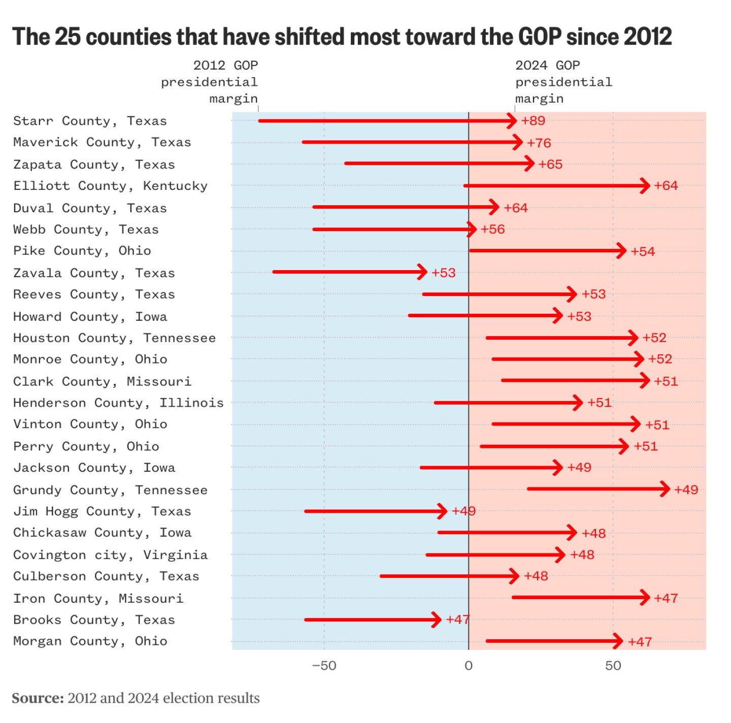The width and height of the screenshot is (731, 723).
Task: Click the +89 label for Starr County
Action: (533, 121)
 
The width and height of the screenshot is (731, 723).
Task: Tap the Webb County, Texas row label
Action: (86, 229)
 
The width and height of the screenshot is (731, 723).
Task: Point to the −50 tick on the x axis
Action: (324, 666)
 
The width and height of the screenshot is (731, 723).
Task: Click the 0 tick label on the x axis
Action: (469, 666)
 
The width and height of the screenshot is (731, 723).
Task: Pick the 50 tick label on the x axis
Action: (613, 666)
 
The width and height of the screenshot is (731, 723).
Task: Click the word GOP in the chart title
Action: (540, 37)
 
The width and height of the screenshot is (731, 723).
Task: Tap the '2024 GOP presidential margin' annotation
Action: (563, 82)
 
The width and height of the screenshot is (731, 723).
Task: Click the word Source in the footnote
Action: (38, 698)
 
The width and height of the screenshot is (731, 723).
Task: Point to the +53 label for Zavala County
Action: (444, 273)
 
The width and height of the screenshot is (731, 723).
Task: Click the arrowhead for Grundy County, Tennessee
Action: (666, 489)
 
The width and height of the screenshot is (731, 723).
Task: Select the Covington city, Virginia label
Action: (110, 555)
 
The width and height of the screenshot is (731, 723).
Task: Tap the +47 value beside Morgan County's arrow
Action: (640, 642)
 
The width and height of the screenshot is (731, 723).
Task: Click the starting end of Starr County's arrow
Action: (260, 121)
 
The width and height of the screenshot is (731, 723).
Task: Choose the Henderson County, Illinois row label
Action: (118, 403)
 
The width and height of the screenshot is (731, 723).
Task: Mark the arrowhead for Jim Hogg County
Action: (443, 511)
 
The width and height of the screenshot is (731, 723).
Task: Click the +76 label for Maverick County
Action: (539, 143)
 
